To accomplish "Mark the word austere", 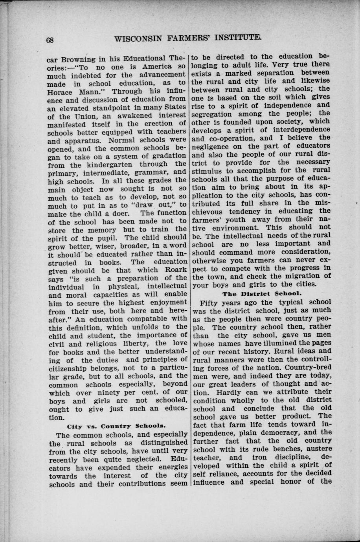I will click(x=318, y=449).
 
